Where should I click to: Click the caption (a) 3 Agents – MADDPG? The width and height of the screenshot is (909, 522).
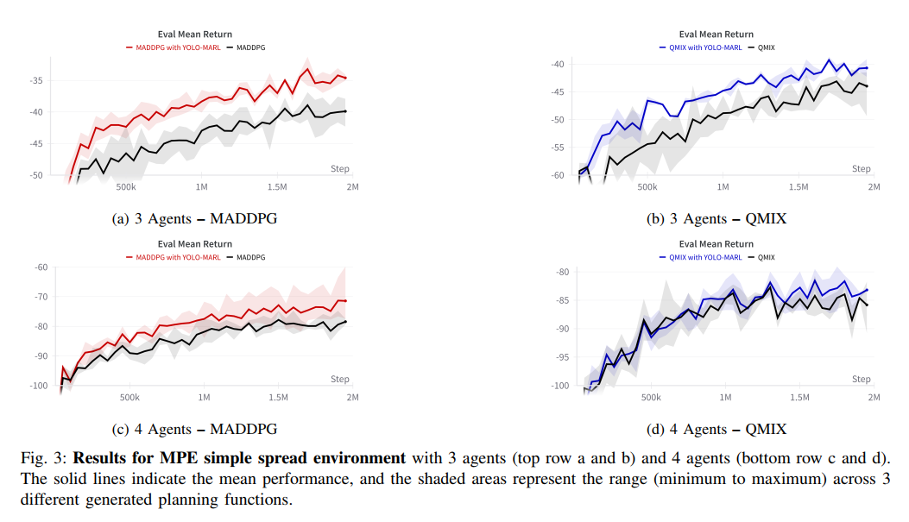click(194, 219)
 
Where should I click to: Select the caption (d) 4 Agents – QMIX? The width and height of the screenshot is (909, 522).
click(716, 430)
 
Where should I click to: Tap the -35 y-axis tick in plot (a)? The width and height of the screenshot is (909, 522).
click(36, 80)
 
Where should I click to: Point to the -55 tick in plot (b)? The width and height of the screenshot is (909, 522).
click(557, 148)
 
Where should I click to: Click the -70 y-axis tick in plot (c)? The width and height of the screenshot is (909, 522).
click(41, 297)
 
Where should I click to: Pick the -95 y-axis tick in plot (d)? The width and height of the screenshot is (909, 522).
click(562, 357)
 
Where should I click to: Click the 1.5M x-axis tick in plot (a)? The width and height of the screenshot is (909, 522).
click(277, 187)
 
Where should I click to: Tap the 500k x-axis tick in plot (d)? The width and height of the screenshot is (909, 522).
click(651, 398)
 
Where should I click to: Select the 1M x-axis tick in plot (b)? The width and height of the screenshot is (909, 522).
click(723, 187)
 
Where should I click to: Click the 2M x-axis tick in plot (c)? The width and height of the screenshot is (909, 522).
click(352, 398)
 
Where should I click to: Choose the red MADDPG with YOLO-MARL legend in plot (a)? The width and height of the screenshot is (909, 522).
click(174, 47)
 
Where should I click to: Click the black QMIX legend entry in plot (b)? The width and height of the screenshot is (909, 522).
click(761, 47)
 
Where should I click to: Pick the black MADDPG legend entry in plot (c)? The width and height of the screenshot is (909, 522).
click(246, 257)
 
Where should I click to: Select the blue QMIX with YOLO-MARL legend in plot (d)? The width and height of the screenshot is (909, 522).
click(700, 257)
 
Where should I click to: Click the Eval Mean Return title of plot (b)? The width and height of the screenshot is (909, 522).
click(716, 35)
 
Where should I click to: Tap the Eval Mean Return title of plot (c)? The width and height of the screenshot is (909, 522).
click(195, 244)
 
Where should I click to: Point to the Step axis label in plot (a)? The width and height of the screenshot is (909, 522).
click(340, 168)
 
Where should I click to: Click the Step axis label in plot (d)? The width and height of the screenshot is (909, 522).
click(861, 379)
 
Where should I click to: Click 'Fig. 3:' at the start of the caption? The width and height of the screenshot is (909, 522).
click(45, 458)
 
